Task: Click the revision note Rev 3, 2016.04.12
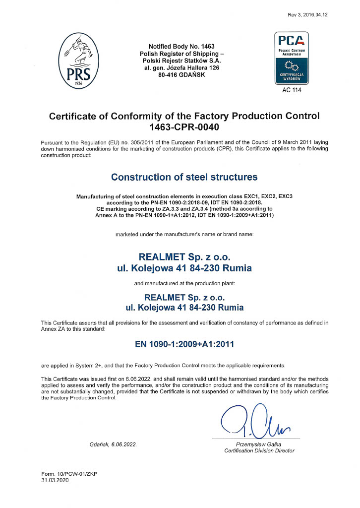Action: pyautogui.click(x=307, y=15)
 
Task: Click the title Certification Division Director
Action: pyautogui.click(x=259, y=451)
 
